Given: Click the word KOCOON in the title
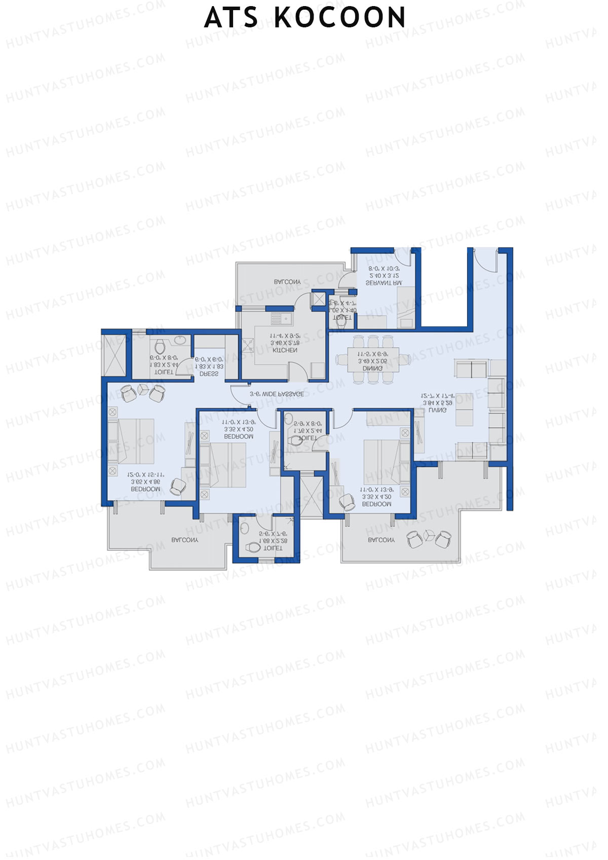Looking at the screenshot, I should [340, 18].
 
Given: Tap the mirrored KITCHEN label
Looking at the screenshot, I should [285, 350].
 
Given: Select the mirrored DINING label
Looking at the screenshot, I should [372, 368].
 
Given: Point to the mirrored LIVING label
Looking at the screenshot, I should [437, 410].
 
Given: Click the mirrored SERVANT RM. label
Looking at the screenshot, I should [384, 283].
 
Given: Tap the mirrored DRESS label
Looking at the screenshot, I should [209, 374].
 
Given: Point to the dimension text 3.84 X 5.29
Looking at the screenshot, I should [437, 403].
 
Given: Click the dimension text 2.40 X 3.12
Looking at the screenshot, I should [384, 276].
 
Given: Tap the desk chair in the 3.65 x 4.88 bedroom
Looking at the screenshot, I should [178, 487].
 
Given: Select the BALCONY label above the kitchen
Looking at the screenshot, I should [287, 282].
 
